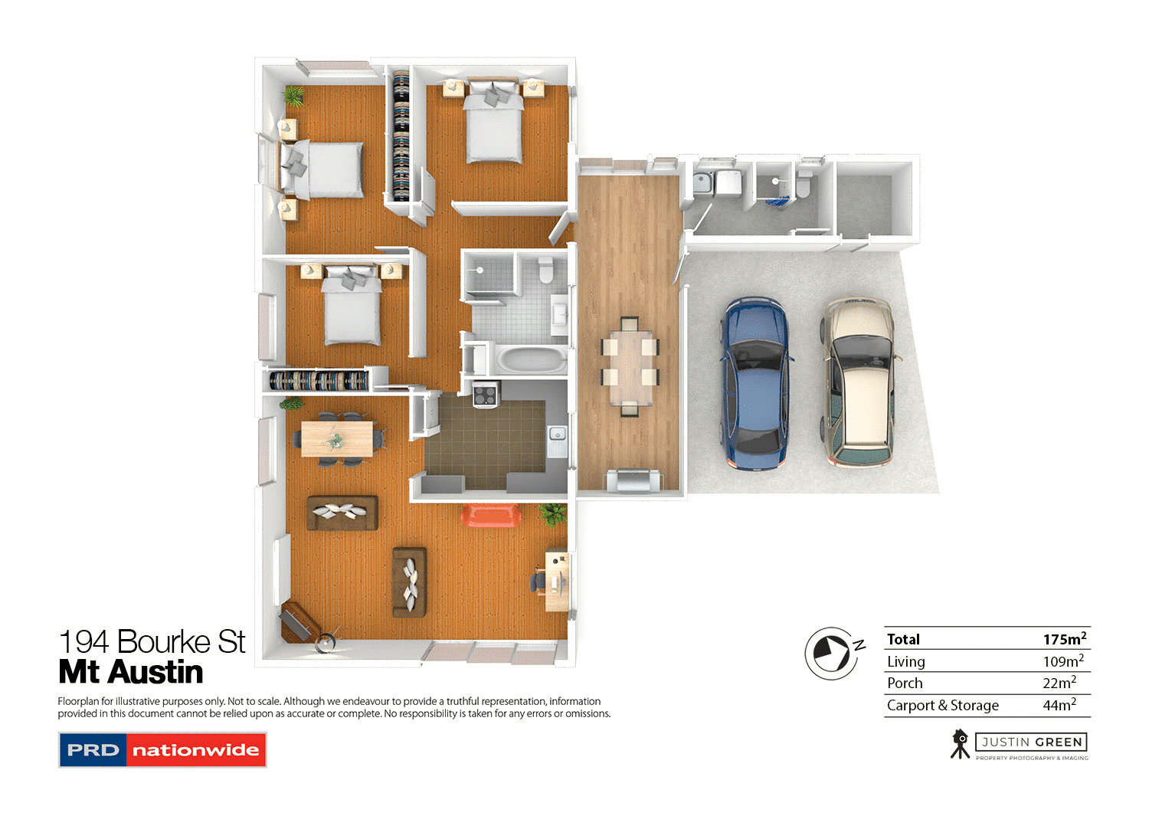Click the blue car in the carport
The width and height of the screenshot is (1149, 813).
[x=755, y=383]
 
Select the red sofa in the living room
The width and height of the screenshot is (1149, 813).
[x=491, y=515]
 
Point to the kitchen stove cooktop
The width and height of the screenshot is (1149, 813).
[x=485, y=395]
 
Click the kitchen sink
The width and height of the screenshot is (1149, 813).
[x=557, y=434]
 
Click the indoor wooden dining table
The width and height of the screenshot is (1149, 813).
[x=337, y=439]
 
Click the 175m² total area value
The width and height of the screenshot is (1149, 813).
[x=1064, y=638]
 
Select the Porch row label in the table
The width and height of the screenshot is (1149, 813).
[x=905, y=683]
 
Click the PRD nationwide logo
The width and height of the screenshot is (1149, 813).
[x=162, y=750]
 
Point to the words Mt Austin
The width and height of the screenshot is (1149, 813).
[x=131, y=672]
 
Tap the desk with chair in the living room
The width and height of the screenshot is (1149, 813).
[x=556, y=581]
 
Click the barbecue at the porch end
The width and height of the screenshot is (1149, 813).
[x=631, y=480]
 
